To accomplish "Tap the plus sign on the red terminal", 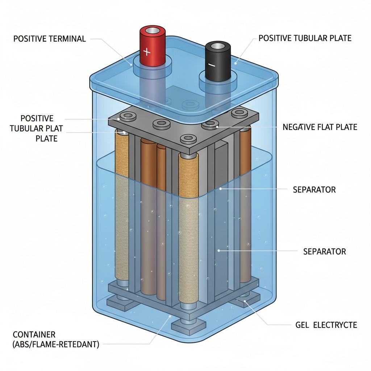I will tap(147, 52).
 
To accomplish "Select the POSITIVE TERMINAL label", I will tap(50, 39).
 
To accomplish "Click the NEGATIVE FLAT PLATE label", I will tap(320, 127).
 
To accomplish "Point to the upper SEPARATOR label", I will tap(314, 189).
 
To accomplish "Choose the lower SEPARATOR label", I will tap(324, 251).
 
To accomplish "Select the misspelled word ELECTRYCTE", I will tap(335, 325).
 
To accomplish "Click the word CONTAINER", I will tap(34, 334).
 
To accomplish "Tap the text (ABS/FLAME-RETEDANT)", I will tap(56, 344).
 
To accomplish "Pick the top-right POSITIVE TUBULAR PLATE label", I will tap(305, 38).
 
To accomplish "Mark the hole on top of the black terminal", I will tap(218, 46).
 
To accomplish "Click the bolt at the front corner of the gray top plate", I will tap(188, 138).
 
